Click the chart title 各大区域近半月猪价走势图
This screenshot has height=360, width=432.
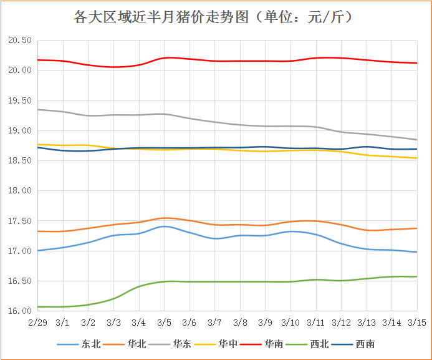215,17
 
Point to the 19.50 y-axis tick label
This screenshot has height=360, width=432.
19,100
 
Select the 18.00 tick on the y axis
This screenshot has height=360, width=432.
19,191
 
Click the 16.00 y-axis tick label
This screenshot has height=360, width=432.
19,311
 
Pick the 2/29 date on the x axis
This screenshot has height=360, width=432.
37,322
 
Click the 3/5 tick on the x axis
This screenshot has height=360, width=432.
164,322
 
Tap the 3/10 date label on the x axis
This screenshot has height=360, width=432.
290,322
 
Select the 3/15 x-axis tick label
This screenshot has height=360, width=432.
416,322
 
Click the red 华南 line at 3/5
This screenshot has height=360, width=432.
164,58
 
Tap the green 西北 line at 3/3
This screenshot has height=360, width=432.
113,299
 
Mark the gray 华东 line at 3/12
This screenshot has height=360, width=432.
341,132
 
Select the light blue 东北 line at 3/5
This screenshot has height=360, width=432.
164,226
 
